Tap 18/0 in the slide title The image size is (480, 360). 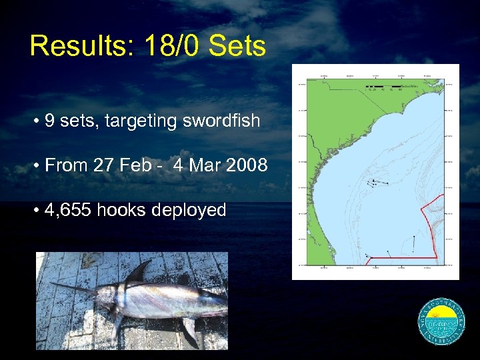click(x=161, y=46)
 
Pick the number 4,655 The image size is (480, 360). click(x=69, y=210)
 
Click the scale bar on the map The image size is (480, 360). click(x=383, y=87)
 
